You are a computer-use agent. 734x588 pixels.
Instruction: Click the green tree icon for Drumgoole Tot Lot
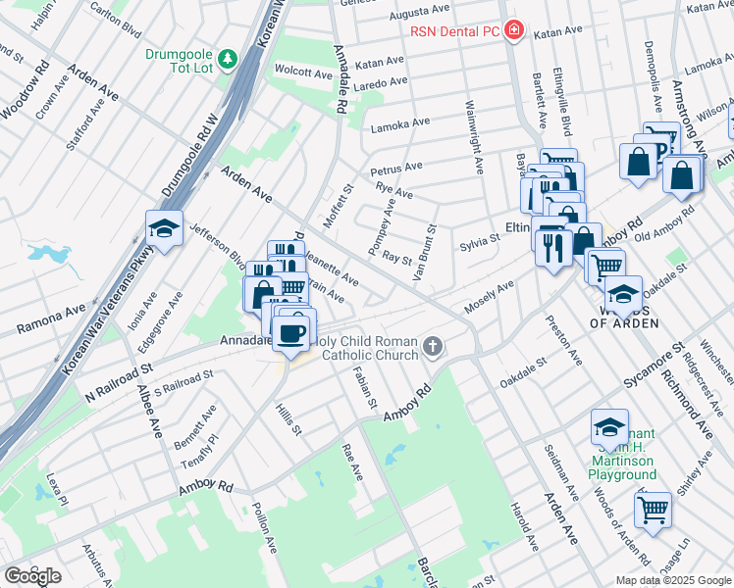tap(228, 60)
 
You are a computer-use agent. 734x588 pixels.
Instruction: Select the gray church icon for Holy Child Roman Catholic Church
tap(434, 346)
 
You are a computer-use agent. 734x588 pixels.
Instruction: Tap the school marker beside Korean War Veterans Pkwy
tap(164, 228)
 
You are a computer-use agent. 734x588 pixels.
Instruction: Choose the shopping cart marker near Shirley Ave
tap(653, 509)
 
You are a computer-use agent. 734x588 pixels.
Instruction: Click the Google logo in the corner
tap(32, 576)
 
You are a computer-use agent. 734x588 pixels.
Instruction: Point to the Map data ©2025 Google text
tap(673, 580)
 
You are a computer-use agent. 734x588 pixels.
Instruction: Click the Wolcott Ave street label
tap(304, 73)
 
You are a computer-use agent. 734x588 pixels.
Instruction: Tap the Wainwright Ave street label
tap(477, 137)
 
